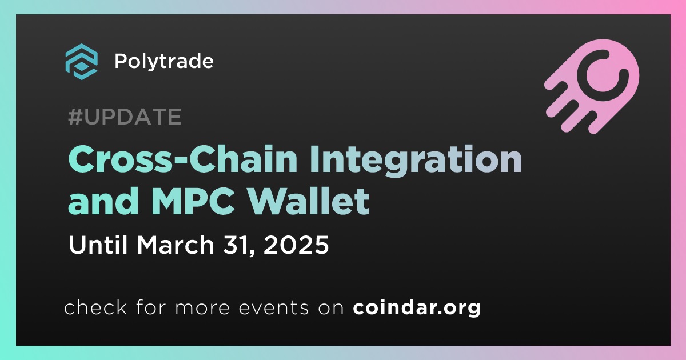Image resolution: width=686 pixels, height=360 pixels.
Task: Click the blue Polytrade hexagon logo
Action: pyautogui.click(x=81, y=62)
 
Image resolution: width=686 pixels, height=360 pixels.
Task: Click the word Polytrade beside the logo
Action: pyautogui.click(x=164, y=61)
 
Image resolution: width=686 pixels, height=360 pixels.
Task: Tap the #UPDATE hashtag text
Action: pyautogui.click(x=125, y=117)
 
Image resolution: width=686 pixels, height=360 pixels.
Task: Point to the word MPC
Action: pyautogui.click(x=193, y=201)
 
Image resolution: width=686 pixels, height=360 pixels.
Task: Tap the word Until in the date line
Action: pyautogui.click(x=98, y=245)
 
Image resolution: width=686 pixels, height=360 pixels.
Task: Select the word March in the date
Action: pyautogui.click(x=175, y=245)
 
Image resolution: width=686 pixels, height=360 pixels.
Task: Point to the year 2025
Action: pyautogui.click(x=296, y=245)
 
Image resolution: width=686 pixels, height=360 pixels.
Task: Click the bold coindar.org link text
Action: pyautogui.click(x=417, y=307)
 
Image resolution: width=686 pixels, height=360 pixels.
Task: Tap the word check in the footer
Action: pyautogui.click(x=95, y=307)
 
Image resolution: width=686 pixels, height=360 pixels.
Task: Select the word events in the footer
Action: pyautogui.click(x=273, y=307)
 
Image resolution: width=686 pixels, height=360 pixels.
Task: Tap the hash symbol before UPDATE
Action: pyautogui.click(x=75, y=117)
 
